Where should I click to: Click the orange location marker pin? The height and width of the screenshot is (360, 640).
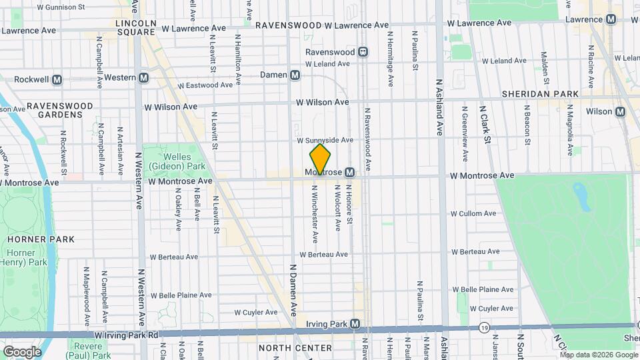[320, 159]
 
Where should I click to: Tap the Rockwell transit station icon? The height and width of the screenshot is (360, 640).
[57, 79]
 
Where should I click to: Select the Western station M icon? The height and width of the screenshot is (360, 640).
[144, 78]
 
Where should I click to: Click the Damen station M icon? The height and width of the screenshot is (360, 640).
[295, 75]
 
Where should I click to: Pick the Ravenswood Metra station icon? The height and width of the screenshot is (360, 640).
[363, 51]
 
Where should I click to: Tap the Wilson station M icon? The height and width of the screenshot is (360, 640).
[621, 111]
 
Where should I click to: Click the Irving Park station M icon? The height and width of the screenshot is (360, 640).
[355, 324]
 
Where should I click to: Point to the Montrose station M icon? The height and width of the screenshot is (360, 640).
[349, 173]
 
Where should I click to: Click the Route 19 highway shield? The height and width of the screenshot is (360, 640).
[483, 327]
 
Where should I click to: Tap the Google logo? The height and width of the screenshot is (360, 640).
[21, 352]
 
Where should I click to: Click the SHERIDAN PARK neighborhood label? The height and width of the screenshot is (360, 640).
[541, 94]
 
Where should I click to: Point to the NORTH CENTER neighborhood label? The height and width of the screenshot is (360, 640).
[295, 348]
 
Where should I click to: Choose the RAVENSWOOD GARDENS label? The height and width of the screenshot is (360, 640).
[54, 110]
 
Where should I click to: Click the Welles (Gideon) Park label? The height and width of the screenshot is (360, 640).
[167, 161]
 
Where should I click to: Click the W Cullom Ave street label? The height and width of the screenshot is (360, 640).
[473, 213]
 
